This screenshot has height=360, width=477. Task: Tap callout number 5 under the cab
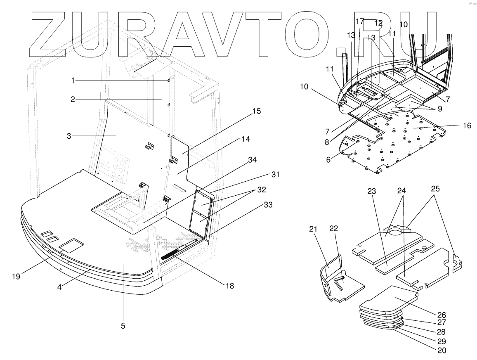[x=123, y=326]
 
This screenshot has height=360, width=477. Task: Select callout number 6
[x=329, y=160]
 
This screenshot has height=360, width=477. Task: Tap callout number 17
[x=359, y=21]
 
